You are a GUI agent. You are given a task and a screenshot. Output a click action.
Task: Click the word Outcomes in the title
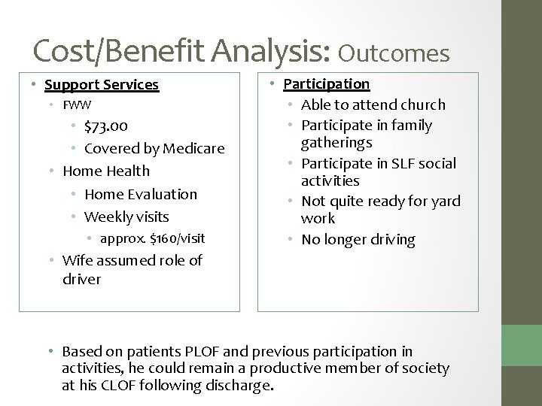[x=394, y=52]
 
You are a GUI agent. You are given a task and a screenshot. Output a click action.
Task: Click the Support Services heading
[x=102, y=86]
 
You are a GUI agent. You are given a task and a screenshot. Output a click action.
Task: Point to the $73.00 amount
[x=106, y=126]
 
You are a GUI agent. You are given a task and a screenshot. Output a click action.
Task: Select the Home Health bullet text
[x=105, y=171]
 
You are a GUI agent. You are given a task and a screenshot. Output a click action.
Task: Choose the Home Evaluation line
[x=141, y=194]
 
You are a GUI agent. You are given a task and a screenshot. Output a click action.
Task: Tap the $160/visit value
[x=178, y=239]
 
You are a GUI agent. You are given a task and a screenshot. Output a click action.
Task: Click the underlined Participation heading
[x=326, y=83]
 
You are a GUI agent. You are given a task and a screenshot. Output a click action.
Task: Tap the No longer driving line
[x=358, y=240]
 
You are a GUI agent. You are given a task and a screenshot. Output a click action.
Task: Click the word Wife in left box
[x=77, y=261]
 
